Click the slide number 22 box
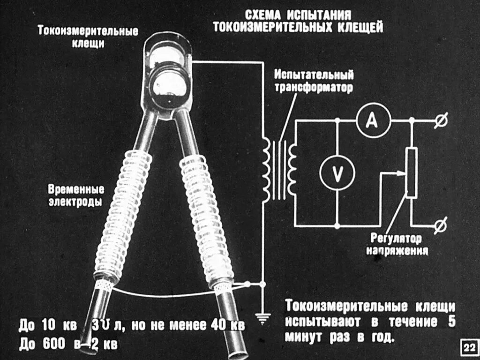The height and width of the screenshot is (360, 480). [468, 347]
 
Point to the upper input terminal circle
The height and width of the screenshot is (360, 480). [441, 120]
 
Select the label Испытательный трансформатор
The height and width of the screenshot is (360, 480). [314, 81]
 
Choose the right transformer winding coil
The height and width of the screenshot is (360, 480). [293, 169]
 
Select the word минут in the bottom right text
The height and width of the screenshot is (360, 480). [304, 337]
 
